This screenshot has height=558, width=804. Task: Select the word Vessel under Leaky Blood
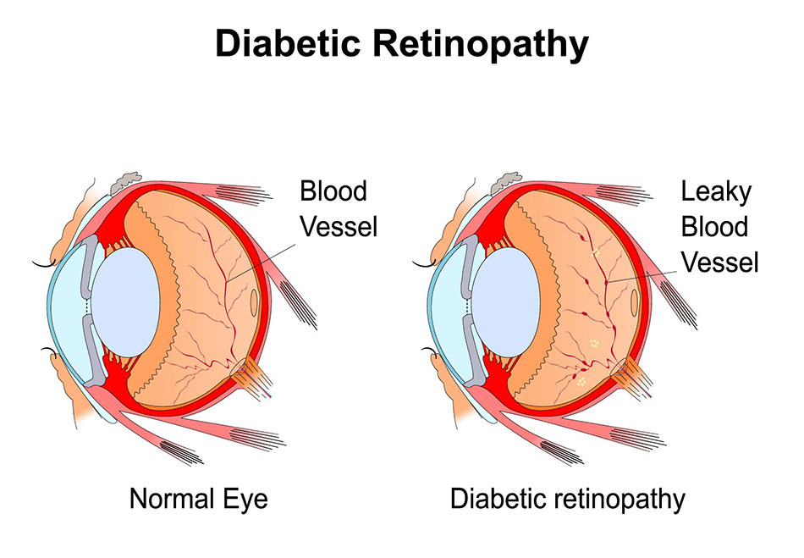719,262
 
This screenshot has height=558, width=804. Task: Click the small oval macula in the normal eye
255,301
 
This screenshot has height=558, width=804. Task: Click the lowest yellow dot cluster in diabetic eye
581,383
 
